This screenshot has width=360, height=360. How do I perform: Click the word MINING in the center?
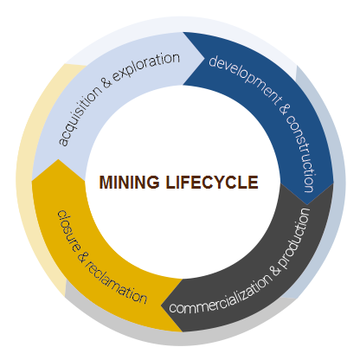(129, 182)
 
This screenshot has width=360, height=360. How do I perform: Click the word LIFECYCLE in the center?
(212, 182)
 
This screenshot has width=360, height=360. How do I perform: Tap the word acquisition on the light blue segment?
(80, 115)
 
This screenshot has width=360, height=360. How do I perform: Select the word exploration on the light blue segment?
(146, 67)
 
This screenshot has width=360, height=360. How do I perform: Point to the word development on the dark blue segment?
(245, 78)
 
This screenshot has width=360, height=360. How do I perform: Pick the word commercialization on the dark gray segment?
(220, 294)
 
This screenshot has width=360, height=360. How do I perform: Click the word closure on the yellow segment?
(69, 231)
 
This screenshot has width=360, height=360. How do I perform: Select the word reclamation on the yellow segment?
(116, 284)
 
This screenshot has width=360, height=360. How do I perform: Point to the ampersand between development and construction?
(285, 109)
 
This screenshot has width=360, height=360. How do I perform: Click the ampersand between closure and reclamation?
(83, 257)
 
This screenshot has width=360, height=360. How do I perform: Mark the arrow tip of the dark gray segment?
(162, 305)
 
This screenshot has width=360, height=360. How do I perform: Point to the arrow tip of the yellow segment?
(58, 159)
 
